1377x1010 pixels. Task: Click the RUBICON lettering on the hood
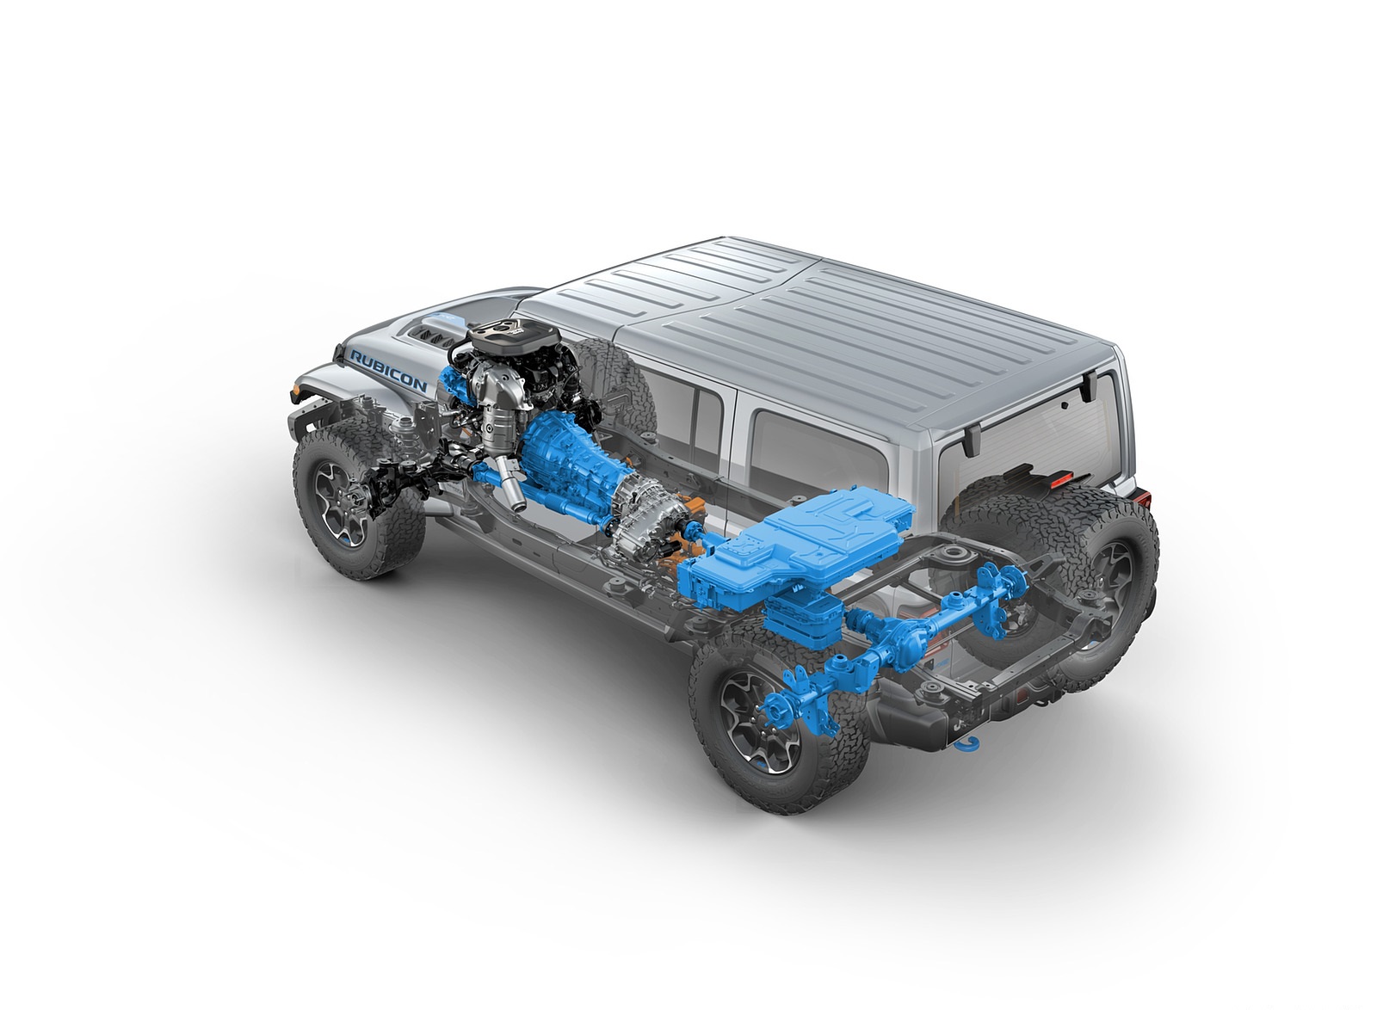pos(388,371)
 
